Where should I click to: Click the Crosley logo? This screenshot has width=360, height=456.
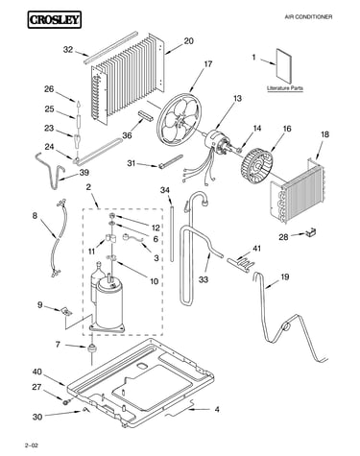coord(54,19)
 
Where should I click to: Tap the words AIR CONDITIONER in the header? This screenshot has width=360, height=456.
coord(308,16)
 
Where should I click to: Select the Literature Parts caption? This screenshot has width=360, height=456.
coord(285,88)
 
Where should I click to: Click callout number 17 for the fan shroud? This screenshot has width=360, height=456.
coord(207,64)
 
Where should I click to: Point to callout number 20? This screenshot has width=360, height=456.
coord(189,41)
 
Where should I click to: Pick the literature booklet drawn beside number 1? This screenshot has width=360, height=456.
coord(284,66)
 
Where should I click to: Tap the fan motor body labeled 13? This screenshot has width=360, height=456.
coord(215,139)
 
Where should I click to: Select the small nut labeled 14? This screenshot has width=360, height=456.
coord(238,150)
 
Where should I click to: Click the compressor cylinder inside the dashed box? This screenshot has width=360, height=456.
coord(108,302)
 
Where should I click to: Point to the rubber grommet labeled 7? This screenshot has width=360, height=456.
coord(91,348)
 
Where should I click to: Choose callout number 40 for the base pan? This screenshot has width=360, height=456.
coord(36,372)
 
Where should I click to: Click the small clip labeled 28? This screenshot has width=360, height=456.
coord(310,232)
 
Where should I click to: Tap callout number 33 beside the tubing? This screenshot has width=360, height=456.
coord(204,279)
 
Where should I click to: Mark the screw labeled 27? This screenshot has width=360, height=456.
coord(66,401)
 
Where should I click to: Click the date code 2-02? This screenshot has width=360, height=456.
coord(31,445)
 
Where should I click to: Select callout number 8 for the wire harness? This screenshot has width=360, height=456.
coord(35,216)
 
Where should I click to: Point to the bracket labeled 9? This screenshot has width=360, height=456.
coord(66,311)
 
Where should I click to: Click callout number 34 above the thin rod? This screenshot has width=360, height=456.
coord(165,190)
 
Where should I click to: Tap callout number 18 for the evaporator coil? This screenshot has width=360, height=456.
coord(324,134)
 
